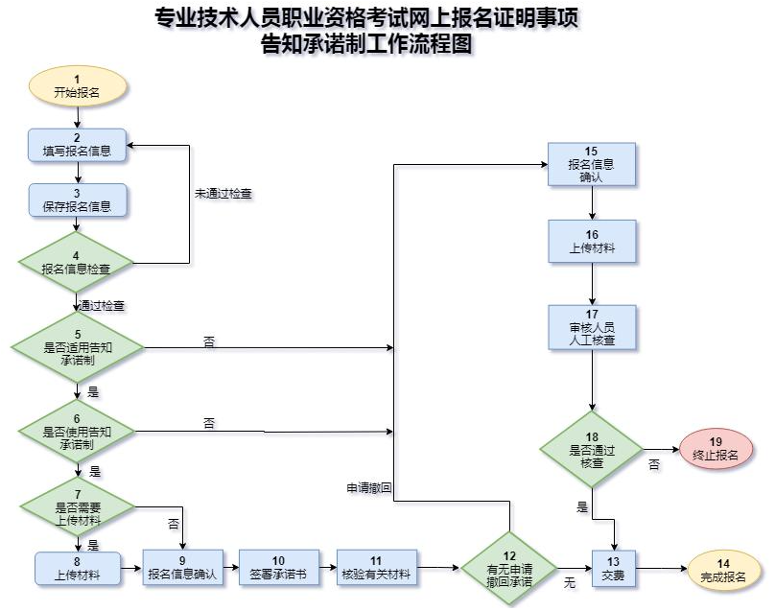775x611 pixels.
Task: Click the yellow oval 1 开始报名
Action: tap(77, 86)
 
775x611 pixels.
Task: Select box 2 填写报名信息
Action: tap(77, 145)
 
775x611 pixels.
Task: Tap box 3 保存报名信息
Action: tap(77, 200)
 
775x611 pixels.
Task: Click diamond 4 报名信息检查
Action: tap(77, 262)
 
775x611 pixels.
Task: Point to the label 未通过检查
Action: tap(223, 193)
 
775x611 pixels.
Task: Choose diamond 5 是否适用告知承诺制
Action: tap(77, 345)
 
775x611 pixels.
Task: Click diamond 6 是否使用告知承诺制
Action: tap(77, 433)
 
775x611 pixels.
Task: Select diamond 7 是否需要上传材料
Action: tap(77, 506)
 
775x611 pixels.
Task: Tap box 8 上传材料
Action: tap(77, 568)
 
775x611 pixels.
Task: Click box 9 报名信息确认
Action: tap(183, 568)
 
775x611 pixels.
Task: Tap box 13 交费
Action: tap(613, 569)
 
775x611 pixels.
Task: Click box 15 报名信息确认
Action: tap(591, 164)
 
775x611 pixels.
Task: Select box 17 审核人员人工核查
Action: tap(593, 327)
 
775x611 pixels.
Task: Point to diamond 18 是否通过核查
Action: tap(592, 450)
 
